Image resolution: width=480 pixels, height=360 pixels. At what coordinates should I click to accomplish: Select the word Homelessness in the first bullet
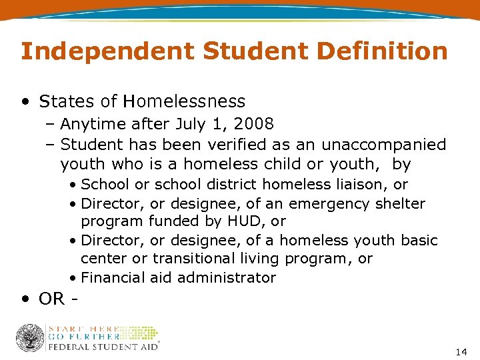(189, 101)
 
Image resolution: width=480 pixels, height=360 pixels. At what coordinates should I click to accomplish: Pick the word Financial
(112, 277)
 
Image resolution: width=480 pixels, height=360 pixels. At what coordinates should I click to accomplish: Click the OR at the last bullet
(52, 299)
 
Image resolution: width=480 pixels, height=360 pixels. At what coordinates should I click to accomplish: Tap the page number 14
(461, 351)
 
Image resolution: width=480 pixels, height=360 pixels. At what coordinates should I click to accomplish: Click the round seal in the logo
(29, 337)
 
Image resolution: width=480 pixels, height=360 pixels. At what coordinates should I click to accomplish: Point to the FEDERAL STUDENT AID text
(103, 347)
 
